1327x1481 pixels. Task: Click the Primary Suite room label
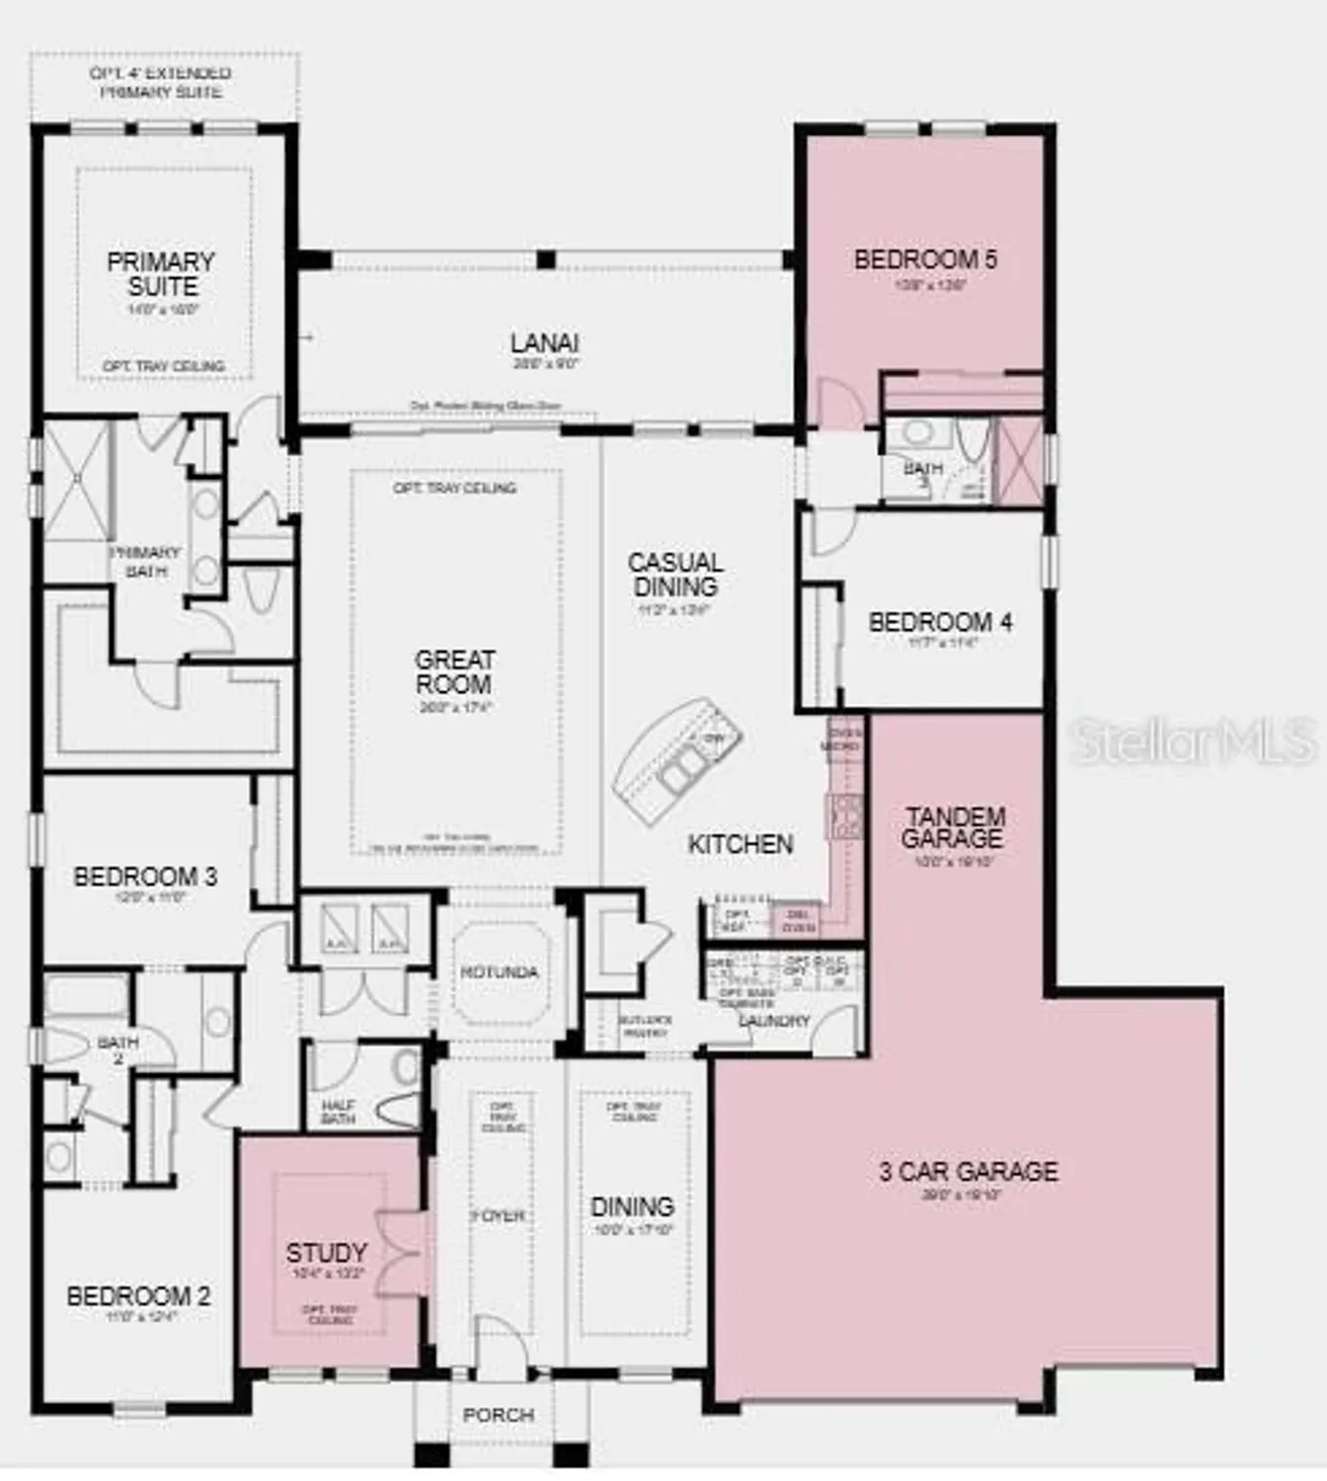[161, 274]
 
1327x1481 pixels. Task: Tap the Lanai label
[544, 344]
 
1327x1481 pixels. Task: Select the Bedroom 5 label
[925, 260]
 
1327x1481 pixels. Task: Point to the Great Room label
[454, 671]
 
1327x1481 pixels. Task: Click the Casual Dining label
[675, 575]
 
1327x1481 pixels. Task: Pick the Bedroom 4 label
[939, 623]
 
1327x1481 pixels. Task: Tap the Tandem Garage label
[953, 827]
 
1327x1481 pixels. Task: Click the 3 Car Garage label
[968, 1172]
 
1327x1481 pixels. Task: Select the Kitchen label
[740, 844]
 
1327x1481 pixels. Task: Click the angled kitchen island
[676, 757]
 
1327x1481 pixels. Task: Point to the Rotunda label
[500, 973]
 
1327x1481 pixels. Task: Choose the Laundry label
[774, 1021]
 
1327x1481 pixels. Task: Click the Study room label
[327, 1253]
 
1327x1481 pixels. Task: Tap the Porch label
[499, 1415]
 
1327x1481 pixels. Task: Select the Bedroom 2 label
[138, 1296]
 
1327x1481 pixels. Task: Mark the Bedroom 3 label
[145, 877]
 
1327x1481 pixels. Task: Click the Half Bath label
[338, 1112]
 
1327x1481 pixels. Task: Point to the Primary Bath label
[145, 561]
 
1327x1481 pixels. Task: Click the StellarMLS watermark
[1194, 740]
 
